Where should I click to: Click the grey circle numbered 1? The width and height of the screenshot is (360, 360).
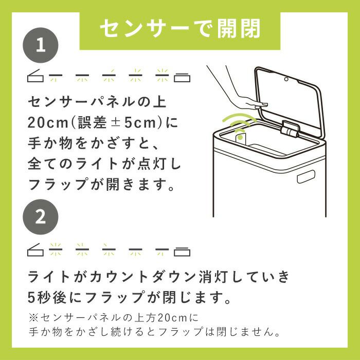41,45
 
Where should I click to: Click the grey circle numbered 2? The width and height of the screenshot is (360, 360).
41,217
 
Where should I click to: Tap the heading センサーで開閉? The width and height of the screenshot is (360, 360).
180,28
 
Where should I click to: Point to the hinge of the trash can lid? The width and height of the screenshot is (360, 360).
290,129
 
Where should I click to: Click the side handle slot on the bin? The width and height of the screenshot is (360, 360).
305,176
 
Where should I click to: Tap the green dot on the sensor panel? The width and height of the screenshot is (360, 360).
240,138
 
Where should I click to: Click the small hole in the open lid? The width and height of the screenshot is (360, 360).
286,79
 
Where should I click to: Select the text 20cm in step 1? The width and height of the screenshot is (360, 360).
48,123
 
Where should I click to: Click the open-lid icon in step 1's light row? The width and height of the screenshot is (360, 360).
35,76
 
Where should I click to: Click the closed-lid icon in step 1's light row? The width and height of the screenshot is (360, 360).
182,78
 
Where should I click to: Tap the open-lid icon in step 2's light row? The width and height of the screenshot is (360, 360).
35,250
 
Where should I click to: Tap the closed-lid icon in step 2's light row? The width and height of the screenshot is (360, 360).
182,252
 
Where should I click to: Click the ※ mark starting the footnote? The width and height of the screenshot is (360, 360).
33,318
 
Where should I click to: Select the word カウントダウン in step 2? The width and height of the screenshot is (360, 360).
142,277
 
